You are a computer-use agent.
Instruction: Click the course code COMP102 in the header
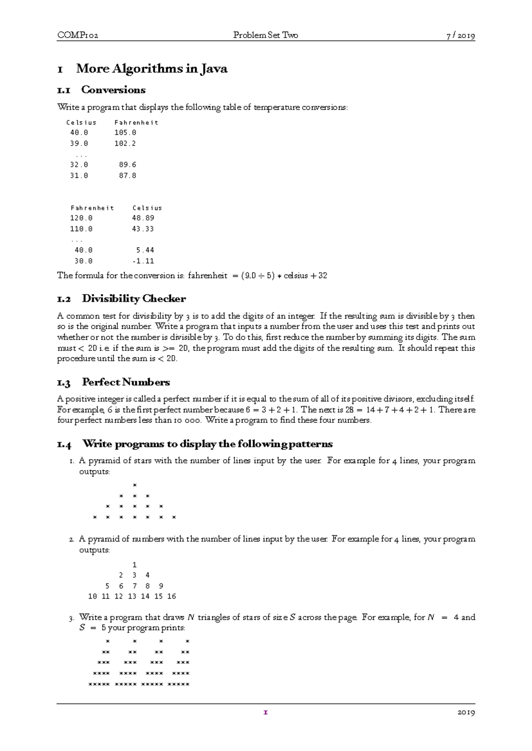pyautogui.click(x=78, y=35)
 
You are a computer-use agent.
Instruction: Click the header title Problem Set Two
pyautogui.click(x=266, y=35)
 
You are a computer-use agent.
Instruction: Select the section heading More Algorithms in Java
pyautogui.click(x=152, y=69)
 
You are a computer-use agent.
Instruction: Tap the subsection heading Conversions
pyautogui.click(x=113, y=90)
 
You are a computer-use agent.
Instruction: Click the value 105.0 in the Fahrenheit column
pyautogui.click(x=125, y=132)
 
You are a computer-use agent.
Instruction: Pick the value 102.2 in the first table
pyautogui.click(x=125, y=143)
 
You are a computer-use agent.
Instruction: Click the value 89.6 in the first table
pyautogui.click(x=128, y=165)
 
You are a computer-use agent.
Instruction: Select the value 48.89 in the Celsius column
pyautogui.click(x=143, y=218)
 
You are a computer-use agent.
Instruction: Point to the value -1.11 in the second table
pyautogui.click(x=143, y=261)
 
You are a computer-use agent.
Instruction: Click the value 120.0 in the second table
pyautogui.click(x=82, y=218)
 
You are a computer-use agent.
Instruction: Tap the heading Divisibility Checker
pyautogui.click(x=134, y=299)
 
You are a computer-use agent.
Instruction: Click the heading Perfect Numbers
pyautogui.click(x=126, y=382)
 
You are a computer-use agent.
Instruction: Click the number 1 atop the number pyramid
pyautogui.click(x=135, y=565)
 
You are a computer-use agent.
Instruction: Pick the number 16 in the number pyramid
pyautogui.click(x=172, y=596)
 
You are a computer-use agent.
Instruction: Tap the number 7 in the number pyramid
pyautogui.click(x=135, y=586)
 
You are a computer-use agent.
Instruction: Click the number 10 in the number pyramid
pyautogui.click(x=93, y=596)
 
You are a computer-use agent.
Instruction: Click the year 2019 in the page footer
pyautogui.click(x=466, y=712)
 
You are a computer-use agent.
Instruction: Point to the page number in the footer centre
pyautogui.click(x=266, y=712)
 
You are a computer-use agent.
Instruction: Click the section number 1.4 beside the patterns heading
pyautogui.click(x=64, y=444)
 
